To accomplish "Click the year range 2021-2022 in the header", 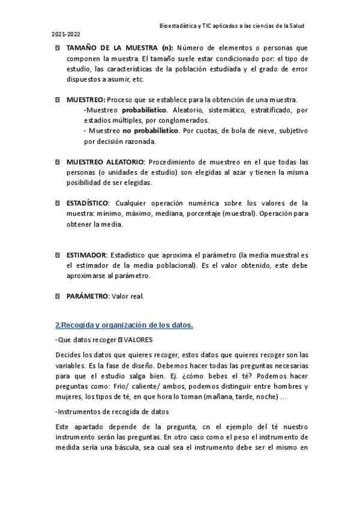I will pos(64,36).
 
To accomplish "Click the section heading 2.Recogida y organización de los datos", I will pos(124,325).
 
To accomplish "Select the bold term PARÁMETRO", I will pos(88,296).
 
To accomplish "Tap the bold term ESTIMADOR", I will pos(86,255).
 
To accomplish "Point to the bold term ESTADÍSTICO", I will pos(88,203).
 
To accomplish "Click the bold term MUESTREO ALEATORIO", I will pos(105,162).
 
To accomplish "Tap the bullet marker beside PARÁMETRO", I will pos(58,296).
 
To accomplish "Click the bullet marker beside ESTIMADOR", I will pos(58,255).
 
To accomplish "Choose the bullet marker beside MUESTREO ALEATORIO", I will pos(58,162).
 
